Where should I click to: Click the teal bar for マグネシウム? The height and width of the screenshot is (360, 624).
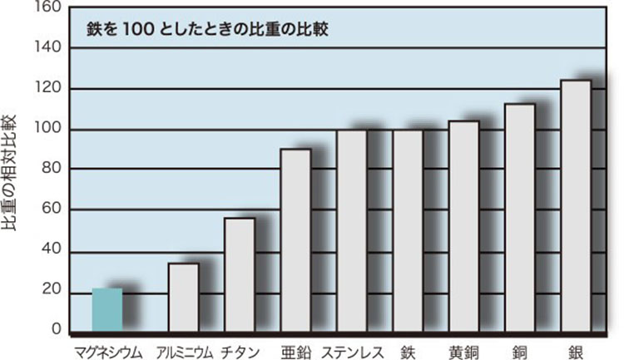coord(107,310)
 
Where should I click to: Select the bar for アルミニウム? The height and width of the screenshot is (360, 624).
coord(183,298)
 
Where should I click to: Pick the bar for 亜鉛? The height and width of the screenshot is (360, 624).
coord(295,240)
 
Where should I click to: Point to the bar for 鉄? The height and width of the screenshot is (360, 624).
coord(408,231)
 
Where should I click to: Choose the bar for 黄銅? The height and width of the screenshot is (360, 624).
coord(463,227)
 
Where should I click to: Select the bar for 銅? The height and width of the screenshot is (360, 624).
coord(520,218)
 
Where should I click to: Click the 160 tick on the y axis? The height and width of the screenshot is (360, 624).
coord(48,7)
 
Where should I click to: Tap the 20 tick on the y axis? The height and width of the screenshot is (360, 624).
coord(52,290)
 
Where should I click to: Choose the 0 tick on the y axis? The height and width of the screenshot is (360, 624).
coord(56,330)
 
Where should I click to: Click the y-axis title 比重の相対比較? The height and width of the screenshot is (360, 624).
coord(12,175)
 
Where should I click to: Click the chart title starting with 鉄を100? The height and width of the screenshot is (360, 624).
coord(209,31)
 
